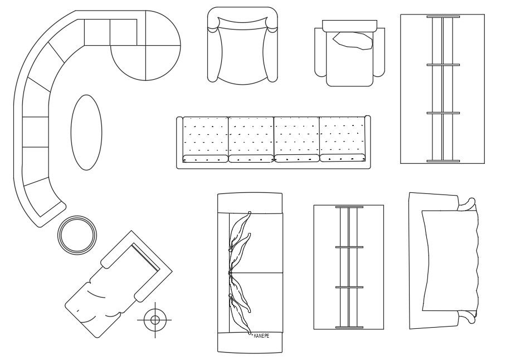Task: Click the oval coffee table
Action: coord(86,132)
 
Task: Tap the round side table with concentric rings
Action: coord(77,235)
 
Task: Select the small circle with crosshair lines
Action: coord(155,319)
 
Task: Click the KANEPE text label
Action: coord(261,336)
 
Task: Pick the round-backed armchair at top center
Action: coord(241,47)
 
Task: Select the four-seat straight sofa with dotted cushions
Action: coord(273,142)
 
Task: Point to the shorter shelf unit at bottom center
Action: coord(349,267)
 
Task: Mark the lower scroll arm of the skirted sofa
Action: coord(467,317)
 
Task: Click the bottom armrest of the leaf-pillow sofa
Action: coord(250,342)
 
